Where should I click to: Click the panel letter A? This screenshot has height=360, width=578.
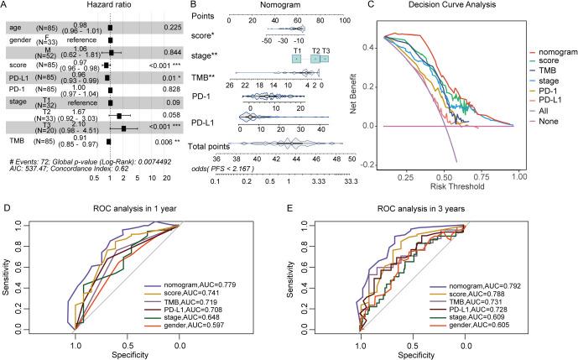point(6,6)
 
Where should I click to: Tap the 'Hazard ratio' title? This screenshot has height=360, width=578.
point(107,7)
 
